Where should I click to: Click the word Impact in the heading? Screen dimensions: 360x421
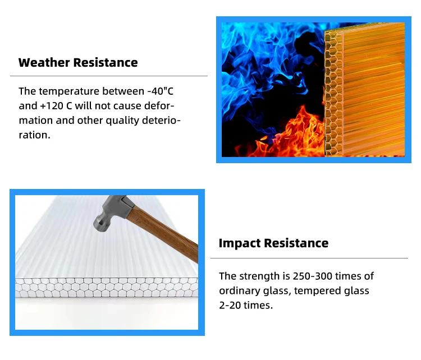pos(240,243)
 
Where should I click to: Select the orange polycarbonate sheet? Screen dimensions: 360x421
pos(370,90)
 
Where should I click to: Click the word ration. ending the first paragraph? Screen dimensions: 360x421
pos(34,135)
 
